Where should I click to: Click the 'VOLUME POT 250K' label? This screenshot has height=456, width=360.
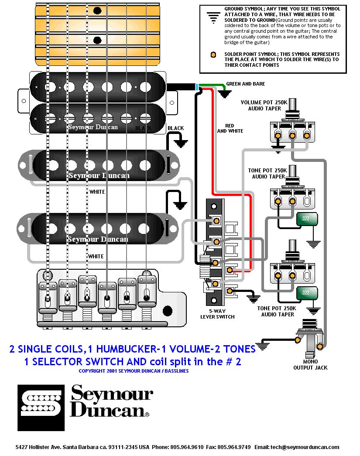pos(264,103)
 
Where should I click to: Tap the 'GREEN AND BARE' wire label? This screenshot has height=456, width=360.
pos(245,84)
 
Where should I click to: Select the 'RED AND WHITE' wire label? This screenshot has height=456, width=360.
pos(230,128)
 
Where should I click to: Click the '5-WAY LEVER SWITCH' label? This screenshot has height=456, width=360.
pos(217,314)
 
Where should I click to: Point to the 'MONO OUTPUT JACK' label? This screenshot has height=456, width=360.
pos(310,364)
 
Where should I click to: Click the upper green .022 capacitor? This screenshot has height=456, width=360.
pos(307,219)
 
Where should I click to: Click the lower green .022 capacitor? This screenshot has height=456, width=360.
pos(307,293)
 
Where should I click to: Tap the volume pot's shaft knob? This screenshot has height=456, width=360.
pos(292,105)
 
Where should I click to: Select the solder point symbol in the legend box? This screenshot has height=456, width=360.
pos(213,55)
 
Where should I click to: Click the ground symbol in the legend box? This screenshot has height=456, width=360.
pos(213,18)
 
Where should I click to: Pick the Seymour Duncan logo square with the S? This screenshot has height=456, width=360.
pos(41,408)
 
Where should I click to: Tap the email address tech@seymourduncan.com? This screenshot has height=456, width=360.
pos(305,447)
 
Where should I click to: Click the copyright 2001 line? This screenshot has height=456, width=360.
pos(134,371)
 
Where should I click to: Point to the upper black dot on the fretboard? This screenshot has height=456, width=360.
pos(97,11)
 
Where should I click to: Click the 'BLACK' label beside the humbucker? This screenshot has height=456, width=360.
pos(176,128)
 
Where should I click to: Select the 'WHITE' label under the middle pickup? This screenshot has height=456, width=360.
pos(97,192)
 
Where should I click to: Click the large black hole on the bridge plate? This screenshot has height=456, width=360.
pos(168,311)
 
